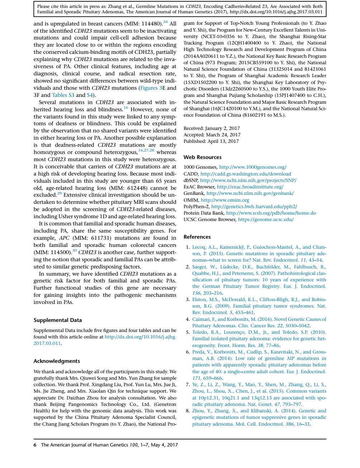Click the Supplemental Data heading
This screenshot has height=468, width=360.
click(58, 320)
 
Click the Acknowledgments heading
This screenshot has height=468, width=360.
click(57, 361)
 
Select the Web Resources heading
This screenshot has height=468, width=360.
click(202, 157)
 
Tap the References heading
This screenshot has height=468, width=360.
click(197, 237)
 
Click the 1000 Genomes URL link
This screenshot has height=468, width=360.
click(253, 167)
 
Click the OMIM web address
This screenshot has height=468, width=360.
click(225, 200)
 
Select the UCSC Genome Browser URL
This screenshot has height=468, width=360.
click(266, 220)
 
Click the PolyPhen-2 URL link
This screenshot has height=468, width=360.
click(254, 206)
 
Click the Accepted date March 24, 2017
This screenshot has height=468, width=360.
click(223, 135)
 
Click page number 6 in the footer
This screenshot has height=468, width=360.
click(35, 445)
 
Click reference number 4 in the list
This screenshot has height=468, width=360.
click(188, 319)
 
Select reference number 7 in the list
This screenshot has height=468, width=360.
click(188, 384)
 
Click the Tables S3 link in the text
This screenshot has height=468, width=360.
click(63, 95)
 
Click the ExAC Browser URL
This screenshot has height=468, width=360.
click(250, 187)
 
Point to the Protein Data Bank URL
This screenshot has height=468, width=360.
click(271, 213)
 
